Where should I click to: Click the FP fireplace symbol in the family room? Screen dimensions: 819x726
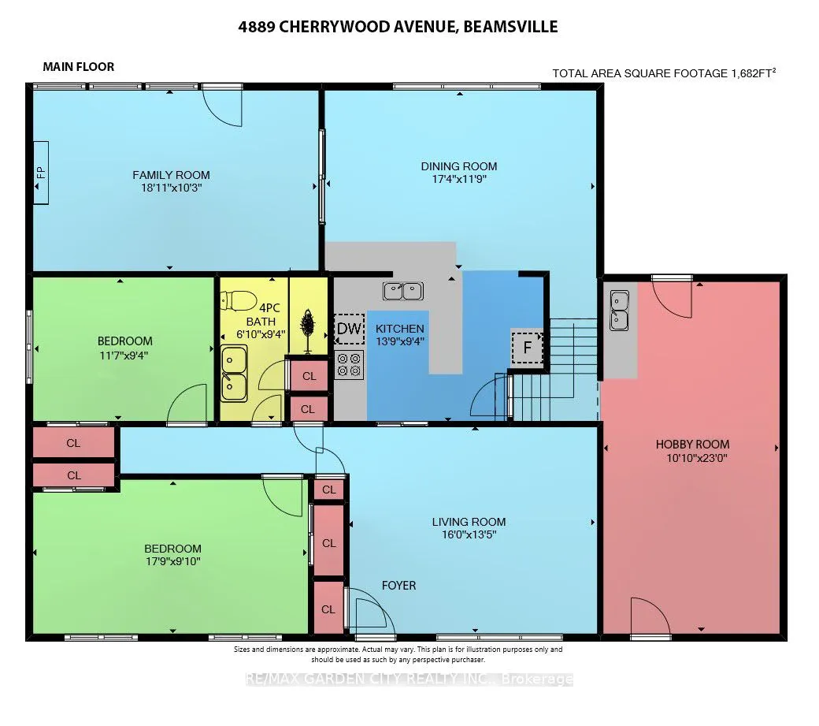point(41,173)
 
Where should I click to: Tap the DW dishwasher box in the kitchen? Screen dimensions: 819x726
point(349,329)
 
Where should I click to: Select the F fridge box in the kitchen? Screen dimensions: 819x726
point(527,347)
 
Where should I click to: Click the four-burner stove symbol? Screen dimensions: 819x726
point(350,365)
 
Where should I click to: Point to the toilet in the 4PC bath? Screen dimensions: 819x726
point(239,300)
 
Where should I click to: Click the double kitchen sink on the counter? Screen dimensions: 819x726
point(402,291)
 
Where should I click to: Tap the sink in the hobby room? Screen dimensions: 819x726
point(620,311)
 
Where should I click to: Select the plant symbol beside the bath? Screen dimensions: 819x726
point(308,330)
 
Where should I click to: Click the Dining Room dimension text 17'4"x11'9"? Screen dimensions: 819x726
point(459,179)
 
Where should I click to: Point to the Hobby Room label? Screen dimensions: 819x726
point(692,445)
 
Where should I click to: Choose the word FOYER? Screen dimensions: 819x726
point(399,586)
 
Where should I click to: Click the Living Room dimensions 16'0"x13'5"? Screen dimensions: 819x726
point(469,534)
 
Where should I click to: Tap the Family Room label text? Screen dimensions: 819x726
point(172,175)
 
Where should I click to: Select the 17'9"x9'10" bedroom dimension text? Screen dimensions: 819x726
point(173,561)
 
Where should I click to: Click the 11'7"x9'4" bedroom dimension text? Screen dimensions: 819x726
point(124,356)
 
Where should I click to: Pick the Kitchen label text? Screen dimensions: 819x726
point(400,329)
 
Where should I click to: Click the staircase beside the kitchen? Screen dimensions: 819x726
point(554,370)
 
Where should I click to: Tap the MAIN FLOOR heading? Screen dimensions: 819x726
point(78,67)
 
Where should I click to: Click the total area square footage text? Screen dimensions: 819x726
point(664,73)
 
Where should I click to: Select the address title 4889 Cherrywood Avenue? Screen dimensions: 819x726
point(398,27)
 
